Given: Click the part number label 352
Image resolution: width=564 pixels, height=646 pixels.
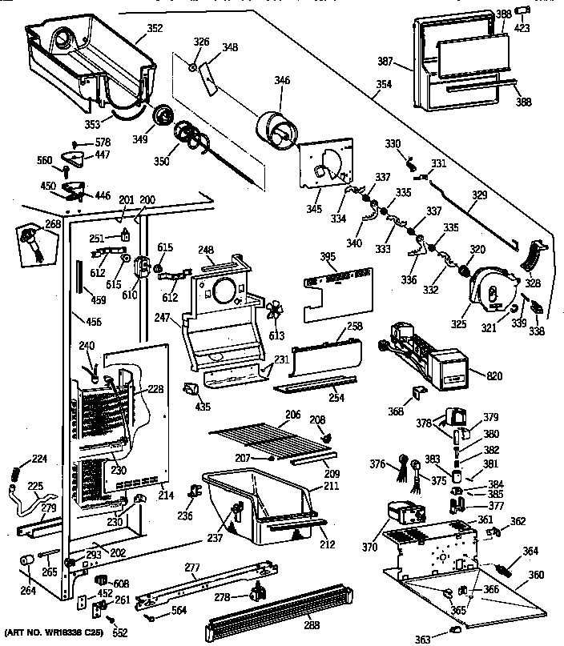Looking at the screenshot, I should [155, 29].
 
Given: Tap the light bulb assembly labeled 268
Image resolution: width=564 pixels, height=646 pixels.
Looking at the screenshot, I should [32, 240].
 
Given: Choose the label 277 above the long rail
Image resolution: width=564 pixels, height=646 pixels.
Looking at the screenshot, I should [191, 568].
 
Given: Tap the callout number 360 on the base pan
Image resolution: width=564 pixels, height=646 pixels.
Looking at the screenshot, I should [536, 575].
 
